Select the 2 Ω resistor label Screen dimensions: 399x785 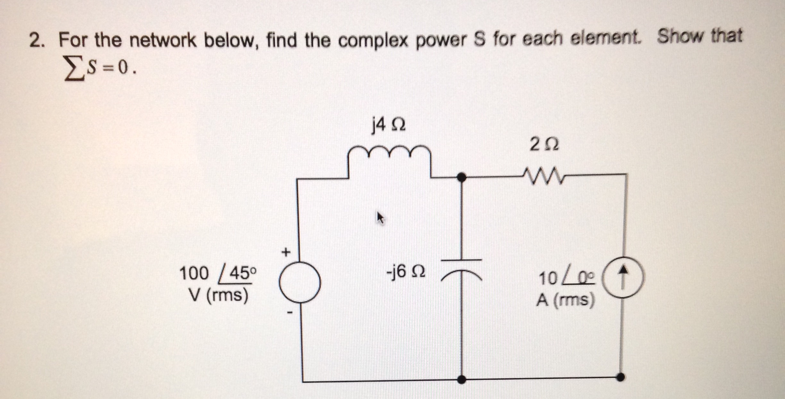pos(544,144)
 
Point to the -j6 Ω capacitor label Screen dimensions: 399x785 pos(406,272)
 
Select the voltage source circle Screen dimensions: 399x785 pos(300,282)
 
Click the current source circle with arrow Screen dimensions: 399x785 pos(623,278)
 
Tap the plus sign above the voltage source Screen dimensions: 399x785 pos(286,252)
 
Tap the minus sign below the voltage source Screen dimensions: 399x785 pos(290,312)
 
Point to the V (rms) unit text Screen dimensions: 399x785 pos(218,295)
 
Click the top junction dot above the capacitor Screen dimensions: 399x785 pos(461,177)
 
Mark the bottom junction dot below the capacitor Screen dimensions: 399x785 pos(461,380)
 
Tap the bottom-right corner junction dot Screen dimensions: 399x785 pos(620,377)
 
